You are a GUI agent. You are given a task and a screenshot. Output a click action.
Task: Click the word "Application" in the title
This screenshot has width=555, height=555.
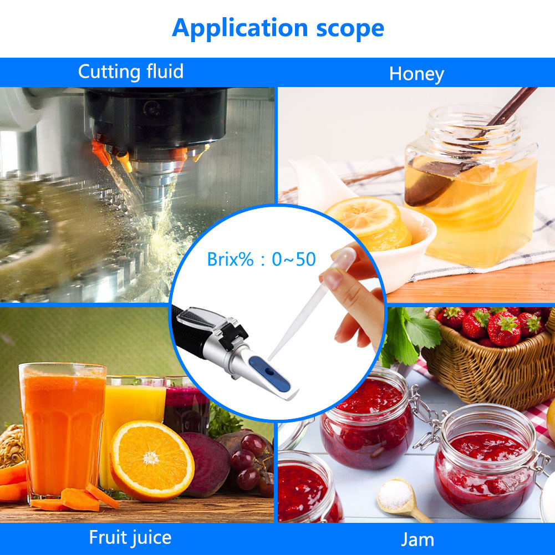(240, 28)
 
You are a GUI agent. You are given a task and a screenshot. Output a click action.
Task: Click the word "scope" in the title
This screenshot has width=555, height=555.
(350, 29)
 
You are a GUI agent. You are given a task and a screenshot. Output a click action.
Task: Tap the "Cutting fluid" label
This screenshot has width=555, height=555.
(131, 72)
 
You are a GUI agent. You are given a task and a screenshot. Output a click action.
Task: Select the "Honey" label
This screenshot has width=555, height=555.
(416, 74)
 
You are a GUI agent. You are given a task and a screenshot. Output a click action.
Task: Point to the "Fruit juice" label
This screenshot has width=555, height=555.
(130, 538)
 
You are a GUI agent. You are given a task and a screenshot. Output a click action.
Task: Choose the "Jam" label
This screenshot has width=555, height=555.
(417, 540)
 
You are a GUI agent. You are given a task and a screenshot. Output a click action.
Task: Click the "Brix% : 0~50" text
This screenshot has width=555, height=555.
(261, 259)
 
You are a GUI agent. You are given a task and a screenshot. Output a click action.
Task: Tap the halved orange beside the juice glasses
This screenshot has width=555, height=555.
(152, 461)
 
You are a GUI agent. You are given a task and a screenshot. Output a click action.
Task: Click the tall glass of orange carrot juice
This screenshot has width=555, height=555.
(63, 430)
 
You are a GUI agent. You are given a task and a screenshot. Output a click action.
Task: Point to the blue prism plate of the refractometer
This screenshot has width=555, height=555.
(269, 374)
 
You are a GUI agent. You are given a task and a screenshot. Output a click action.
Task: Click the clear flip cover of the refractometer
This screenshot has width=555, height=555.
(201, 319)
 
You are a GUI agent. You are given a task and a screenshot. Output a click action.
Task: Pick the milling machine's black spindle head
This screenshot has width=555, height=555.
(156, 117)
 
